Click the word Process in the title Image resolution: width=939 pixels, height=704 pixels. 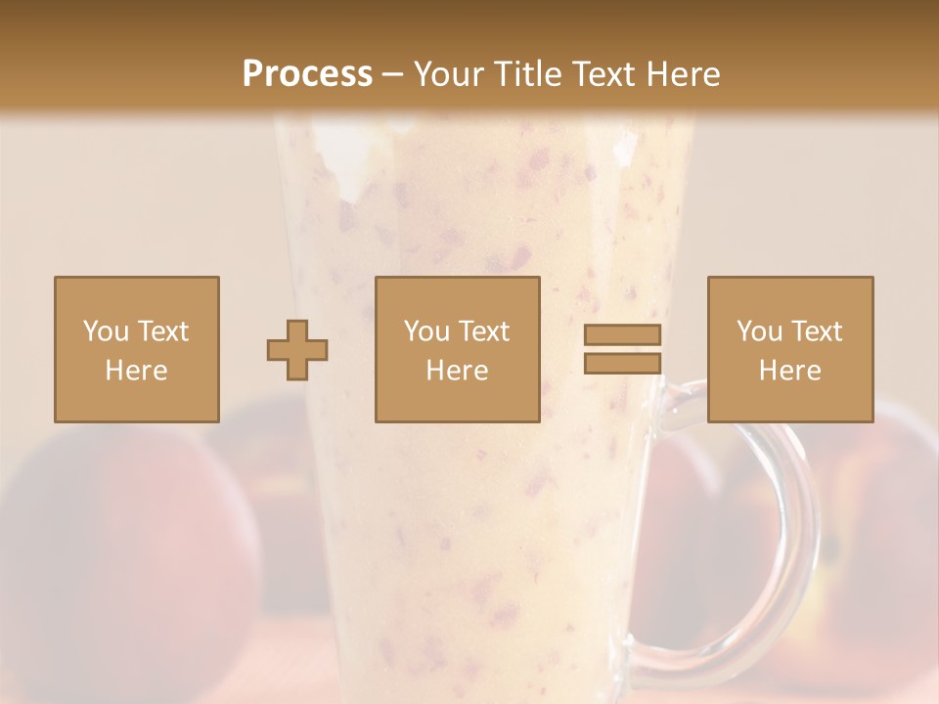pyautogui.click(x=307, y=73)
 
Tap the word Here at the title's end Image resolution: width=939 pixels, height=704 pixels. pyautogui.click(x=681, y=73)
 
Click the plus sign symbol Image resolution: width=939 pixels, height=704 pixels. pyautogui.click(x=297, y=349)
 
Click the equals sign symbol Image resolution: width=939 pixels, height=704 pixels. pyautogui.click(x=622, y=349)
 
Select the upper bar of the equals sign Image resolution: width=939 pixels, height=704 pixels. pyautogui.click(x=622, y=334)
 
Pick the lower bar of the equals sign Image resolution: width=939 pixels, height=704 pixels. pyautogui.click(x=622, y=364)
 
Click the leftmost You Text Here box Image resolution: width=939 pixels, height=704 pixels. pyautogui.click(x=136, y=349)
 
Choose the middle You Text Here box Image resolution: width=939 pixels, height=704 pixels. pyautogui.click(x=457, y=349)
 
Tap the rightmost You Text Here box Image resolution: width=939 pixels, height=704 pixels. pyautogui.click(x=789, y=349)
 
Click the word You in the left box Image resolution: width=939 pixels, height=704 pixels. pyautogui.click(x=105, y=330)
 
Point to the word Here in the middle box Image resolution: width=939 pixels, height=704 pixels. pyautogui.click(x=457, y=370)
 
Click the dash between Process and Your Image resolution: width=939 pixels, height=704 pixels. pyautogui.click(x=392, y=74)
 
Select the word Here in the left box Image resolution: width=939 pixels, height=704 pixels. pyautogui.click(x=136, y=370)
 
